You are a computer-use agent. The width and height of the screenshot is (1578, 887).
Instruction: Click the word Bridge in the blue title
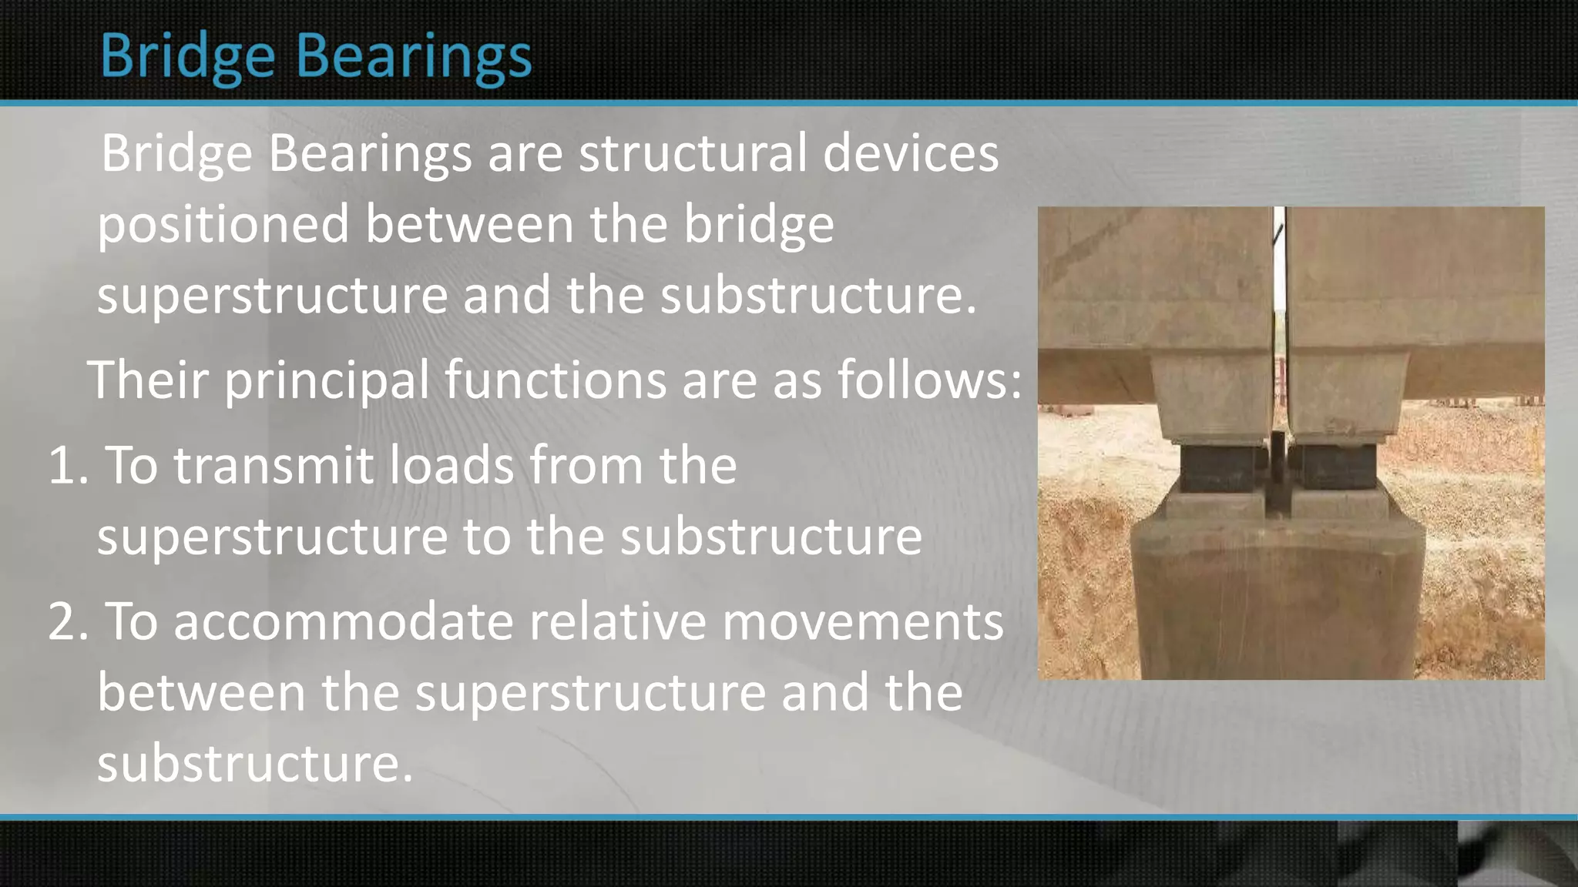point(187,57)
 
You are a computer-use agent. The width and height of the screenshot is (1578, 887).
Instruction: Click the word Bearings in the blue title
point(414,57)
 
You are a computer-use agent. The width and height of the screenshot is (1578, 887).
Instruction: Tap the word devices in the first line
point(910,152)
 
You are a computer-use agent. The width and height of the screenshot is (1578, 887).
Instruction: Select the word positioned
point(223,225)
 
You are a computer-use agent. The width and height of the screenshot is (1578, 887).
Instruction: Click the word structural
point(693,152)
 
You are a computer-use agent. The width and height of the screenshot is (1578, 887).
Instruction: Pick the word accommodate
point(343,622)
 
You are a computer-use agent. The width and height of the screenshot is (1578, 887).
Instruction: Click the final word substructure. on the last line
point(255,764)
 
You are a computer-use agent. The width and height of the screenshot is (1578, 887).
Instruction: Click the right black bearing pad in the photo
point(1333,467)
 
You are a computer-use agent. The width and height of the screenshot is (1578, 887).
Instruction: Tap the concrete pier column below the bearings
point(1275,608)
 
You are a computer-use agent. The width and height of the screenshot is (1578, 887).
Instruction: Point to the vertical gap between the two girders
point(1279,308)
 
